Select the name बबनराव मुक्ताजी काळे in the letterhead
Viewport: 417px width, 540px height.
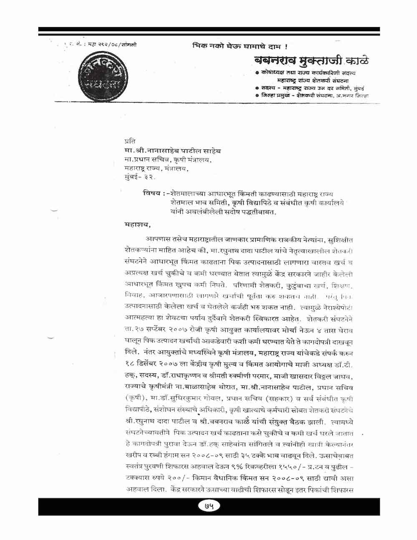pyautogui.click(x=311, y=61)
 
